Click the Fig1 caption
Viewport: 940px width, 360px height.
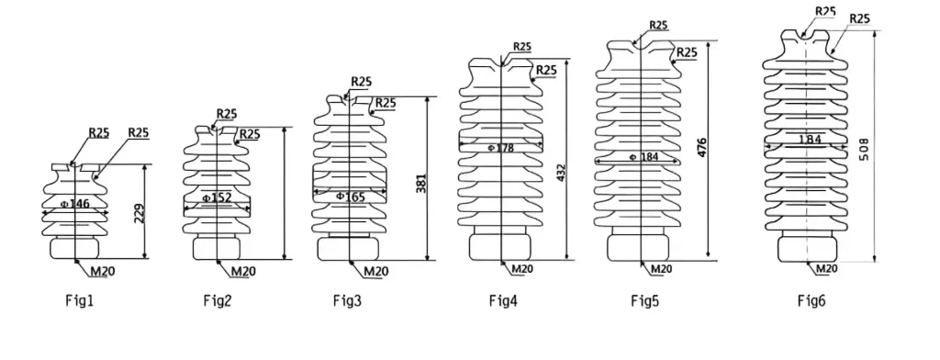(x=79, y=300)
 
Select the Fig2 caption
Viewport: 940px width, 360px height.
(x=217, y=300)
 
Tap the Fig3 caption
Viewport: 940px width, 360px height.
(x=347, y=300)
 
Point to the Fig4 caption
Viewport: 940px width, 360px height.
(x=502, y=300)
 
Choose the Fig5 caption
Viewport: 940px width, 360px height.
(x=644, y=300)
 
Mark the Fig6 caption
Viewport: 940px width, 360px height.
(x=811, y=300)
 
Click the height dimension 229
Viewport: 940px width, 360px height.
(x=140, y=213)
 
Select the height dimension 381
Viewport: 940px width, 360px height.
(x=420, y=183)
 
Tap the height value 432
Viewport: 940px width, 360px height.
(x=561, y=174)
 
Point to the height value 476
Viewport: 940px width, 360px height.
(x=702, y=148)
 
